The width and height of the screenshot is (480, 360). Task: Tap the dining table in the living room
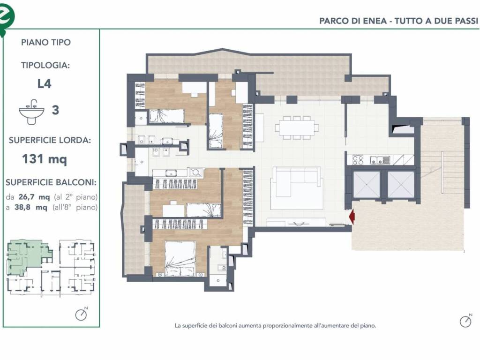297,127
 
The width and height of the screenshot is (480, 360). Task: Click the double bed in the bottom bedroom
180,258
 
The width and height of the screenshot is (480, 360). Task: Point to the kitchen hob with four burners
358,160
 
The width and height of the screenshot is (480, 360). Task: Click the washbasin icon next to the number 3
31,112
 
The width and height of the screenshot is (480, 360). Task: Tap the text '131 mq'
45,159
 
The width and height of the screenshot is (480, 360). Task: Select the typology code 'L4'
45,84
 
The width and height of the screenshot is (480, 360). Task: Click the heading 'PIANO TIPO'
46,42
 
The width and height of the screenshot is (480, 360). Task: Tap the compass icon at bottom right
465,321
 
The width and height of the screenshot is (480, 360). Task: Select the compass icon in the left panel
81,315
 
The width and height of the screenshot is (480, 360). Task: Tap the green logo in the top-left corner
6,15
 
